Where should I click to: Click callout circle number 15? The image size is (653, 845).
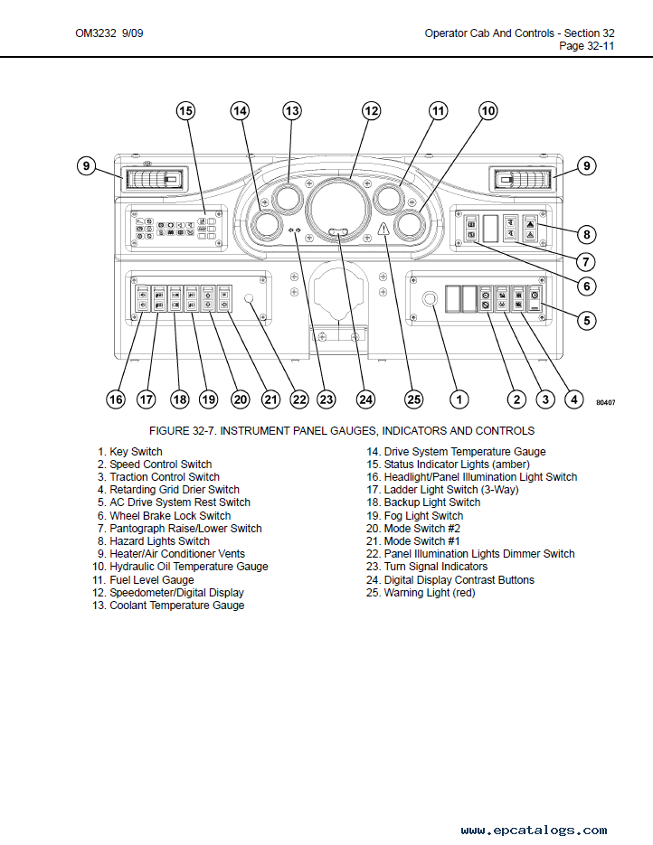pos(185,111)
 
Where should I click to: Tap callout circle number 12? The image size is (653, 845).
pos(371,111)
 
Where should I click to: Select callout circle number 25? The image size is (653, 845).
pos(413,399)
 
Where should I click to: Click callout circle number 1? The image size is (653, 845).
pos(459,399)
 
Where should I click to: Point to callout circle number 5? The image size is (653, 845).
pos(587,321)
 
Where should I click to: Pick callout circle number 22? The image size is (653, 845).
pos(298,399)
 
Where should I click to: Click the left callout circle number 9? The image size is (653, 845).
pos(86,165)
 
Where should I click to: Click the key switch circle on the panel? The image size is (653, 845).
pos(430,299)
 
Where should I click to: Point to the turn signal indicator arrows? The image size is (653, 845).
pos(295,230)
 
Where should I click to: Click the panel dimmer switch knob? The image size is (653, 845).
pos(249,298)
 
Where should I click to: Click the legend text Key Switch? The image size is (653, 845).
pos(136,452)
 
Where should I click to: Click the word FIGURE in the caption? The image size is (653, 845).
pos(169,431)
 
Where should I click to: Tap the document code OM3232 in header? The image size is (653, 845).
pos(96,33)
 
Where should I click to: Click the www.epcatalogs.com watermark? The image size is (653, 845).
pos(534,830)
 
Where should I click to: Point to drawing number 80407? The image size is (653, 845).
pos(606,402)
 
